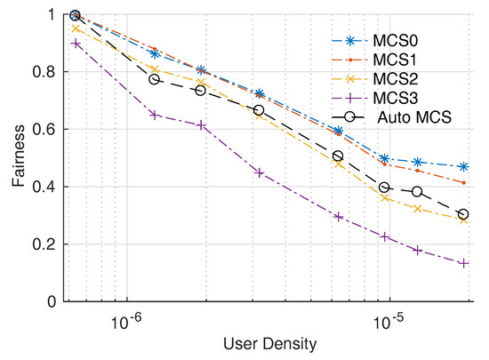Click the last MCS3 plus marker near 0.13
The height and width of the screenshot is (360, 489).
tap(463, 263)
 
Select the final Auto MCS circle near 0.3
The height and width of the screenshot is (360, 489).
tap(463, 214)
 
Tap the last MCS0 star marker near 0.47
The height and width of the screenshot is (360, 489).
tap(463, 166)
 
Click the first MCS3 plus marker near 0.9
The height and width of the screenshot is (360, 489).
tap(76, 44)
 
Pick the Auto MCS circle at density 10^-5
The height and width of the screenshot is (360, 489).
tap(384, 188)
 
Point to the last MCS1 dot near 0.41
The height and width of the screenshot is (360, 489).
tap(463, 183)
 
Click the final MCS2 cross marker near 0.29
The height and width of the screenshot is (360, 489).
tap(463, 219)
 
